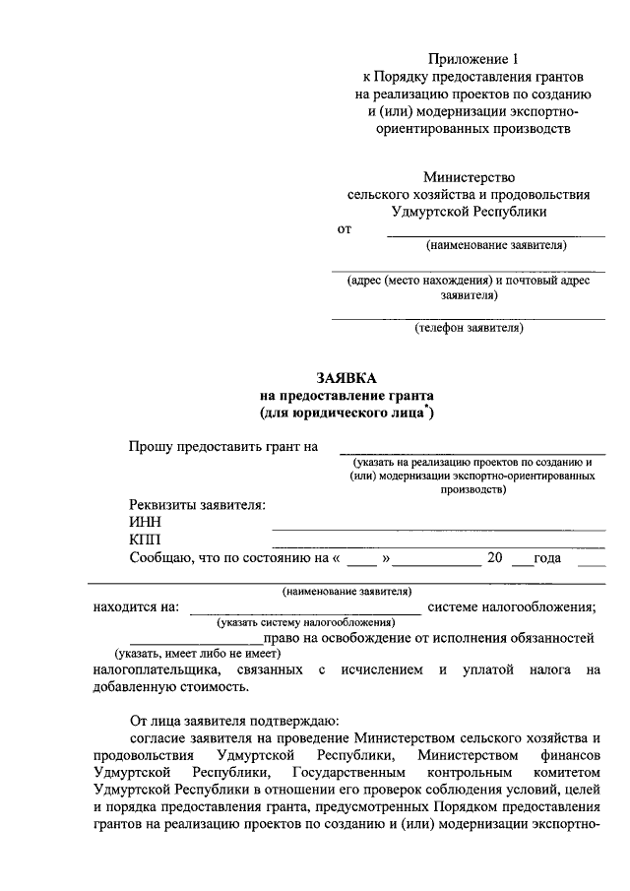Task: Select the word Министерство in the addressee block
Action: [470, 177]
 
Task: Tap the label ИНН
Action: [145, 522]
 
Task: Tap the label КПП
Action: [145, 540]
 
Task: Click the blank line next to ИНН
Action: [438, 529]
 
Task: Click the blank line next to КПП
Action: [438, 546]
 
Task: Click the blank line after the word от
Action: [495, 234]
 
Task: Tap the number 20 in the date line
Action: [495, 558]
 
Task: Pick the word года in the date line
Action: [546, 558]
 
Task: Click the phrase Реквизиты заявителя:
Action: [197, 504]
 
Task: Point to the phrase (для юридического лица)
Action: [346, 414]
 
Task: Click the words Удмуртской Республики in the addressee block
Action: [470, 211]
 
